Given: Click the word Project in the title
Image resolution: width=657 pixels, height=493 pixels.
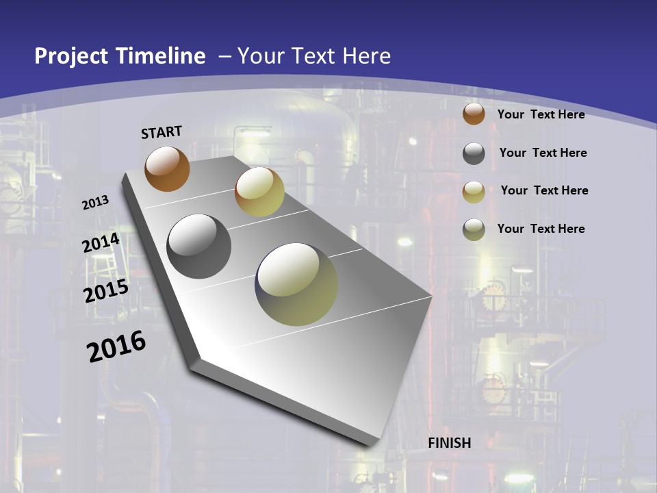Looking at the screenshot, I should (x=72, y=56).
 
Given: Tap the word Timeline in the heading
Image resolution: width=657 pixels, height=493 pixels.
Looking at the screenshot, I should (x=162, y=56).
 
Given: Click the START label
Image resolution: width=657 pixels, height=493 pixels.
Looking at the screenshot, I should (x=162, y=132).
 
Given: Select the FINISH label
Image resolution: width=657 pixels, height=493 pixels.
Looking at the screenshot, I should (x=450, y=443).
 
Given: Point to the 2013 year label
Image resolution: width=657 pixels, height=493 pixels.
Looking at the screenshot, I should (x=96, y=203).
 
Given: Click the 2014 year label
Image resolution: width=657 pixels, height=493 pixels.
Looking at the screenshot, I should (x=101, y=243).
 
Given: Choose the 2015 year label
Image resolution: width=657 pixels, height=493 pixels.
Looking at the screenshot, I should (x=106, y=291).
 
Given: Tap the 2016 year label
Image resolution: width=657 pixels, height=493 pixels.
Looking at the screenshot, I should (x=116, y=346).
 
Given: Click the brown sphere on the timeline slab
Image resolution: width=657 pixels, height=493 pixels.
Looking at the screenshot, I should (x=167, y=168).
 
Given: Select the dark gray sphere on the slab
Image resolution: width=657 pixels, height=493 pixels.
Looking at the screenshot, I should (x=198, y=246).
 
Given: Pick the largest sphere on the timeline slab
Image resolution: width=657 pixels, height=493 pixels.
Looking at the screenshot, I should (x=296, y=284).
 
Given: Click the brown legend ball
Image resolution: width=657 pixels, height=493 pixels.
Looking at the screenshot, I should (x=474, y=114).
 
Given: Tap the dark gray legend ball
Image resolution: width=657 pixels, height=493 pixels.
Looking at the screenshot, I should (x=474, y=153).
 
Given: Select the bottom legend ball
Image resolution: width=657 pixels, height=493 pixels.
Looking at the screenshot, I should (x=474, y=229).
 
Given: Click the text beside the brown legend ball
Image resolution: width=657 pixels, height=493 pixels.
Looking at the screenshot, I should (x=541, y=114).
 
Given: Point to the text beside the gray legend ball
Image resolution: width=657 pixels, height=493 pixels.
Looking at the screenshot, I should (x=543, y=153).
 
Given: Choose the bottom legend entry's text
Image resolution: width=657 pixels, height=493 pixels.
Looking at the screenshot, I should (x=541, y=229).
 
